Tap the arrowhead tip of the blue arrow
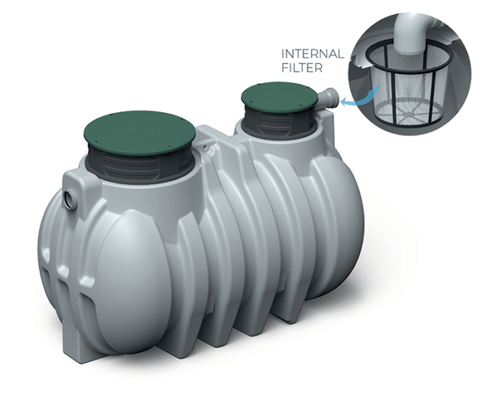click(343, 104)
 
